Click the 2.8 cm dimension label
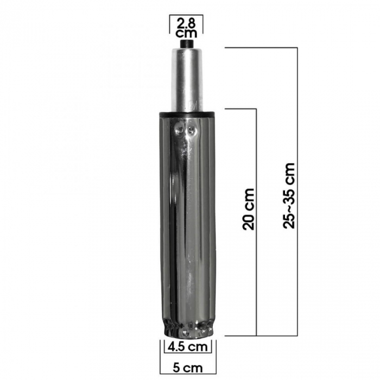(186, 28)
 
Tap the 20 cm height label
(249, 209)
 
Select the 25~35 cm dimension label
(289, 195)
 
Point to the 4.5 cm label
(188, 346)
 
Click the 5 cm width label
(188, 368)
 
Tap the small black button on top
(187, 44)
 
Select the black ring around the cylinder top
(186, 113)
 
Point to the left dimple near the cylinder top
(180, 130)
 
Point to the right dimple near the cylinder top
(192, 130)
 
